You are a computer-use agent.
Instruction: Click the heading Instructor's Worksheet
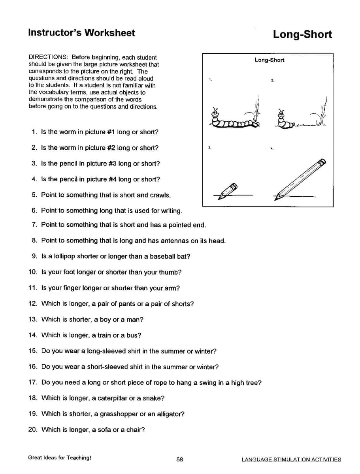81,33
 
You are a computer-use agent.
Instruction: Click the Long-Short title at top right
302,34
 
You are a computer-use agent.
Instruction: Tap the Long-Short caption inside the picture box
269,60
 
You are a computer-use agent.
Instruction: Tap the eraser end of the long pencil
322,162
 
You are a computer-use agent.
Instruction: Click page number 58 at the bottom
180,459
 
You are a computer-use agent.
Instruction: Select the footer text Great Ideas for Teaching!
60,458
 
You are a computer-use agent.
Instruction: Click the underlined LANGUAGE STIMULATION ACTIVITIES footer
291,459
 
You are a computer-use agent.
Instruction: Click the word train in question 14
104,335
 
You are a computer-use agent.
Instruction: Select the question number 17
32,382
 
